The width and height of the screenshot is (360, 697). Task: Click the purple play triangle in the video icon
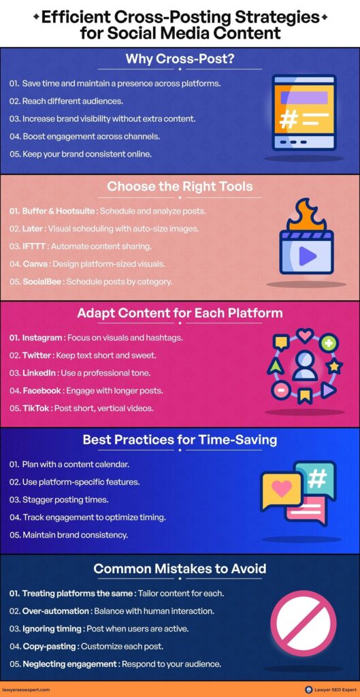coord(307,256)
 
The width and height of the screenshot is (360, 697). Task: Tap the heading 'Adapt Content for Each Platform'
coord(180,312)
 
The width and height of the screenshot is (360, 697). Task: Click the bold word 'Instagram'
coord(42,338)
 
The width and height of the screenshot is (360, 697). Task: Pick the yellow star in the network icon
coord(333,367)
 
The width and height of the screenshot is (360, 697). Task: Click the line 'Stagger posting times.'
coord(59,500)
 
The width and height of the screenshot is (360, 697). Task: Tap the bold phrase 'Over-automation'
coord(56,611)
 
